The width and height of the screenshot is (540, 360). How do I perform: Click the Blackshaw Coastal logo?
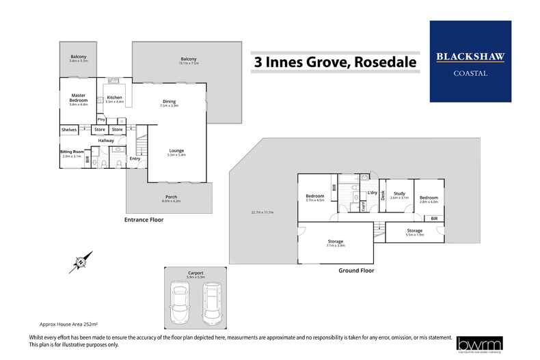click(x=470, y=61)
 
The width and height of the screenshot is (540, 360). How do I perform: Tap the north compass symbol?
click(x=81, y=260)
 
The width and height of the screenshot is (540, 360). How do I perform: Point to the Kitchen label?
click(x=114, y=97)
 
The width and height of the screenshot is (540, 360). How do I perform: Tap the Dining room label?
click(x=169, y=102)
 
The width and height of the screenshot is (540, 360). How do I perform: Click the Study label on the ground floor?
click(x=399, y=193)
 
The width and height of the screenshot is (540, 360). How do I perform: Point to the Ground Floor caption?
click(x=357, y=271)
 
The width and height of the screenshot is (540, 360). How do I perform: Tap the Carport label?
click(x=195, y=272)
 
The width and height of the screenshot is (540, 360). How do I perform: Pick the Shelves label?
click(x=68, y=129)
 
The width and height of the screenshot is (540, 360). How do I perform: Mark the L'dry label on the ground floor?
click(x=373, y=193)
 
